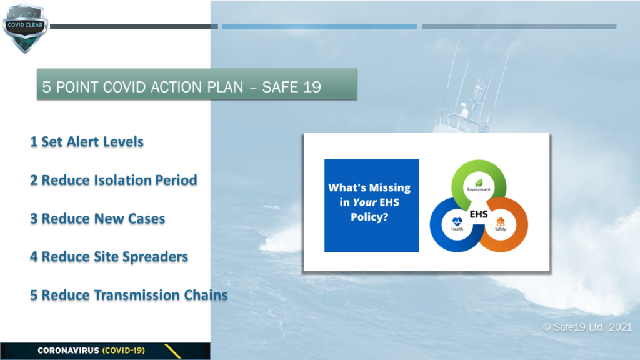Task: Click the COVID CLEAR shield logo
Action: coord(25,28)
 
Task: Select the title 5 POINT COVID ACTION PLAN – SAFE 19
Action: coord(182,87)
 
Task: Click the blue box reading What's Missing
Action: coord(371,206)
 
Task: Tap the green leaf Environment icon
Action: coord(479,182)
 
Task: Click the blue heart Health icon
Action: coord(457,222)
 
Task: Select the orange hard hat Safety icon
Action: coord(501,222)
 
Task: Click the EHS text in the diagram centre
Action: coord(479,214)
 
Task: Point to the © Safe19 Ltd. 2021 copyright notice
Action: coord(587,327)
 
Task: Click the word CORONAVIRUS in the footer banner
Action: coord(68,351)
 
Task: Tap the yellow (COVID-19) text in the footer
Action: coord(123,351)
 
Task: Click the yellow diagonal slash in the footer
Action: coord(172,351)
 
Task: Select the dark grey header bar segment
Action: coord(134,26)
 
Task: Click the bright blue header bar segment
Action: coord(319,26)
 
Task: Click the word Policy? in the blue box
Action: coord(369,217)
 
